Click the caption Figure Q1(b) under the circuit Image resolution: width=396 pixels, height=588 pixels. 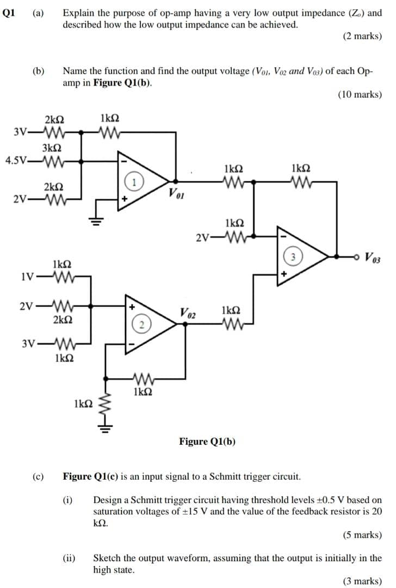coord(207,441)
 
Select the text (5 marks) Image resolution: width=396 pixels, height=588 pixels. coord(362,535)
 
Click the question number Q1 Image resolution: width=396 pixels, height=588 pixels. coord(9,12)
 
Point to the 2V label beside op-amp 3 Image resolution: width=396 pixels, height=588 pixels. coord(202,237)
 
